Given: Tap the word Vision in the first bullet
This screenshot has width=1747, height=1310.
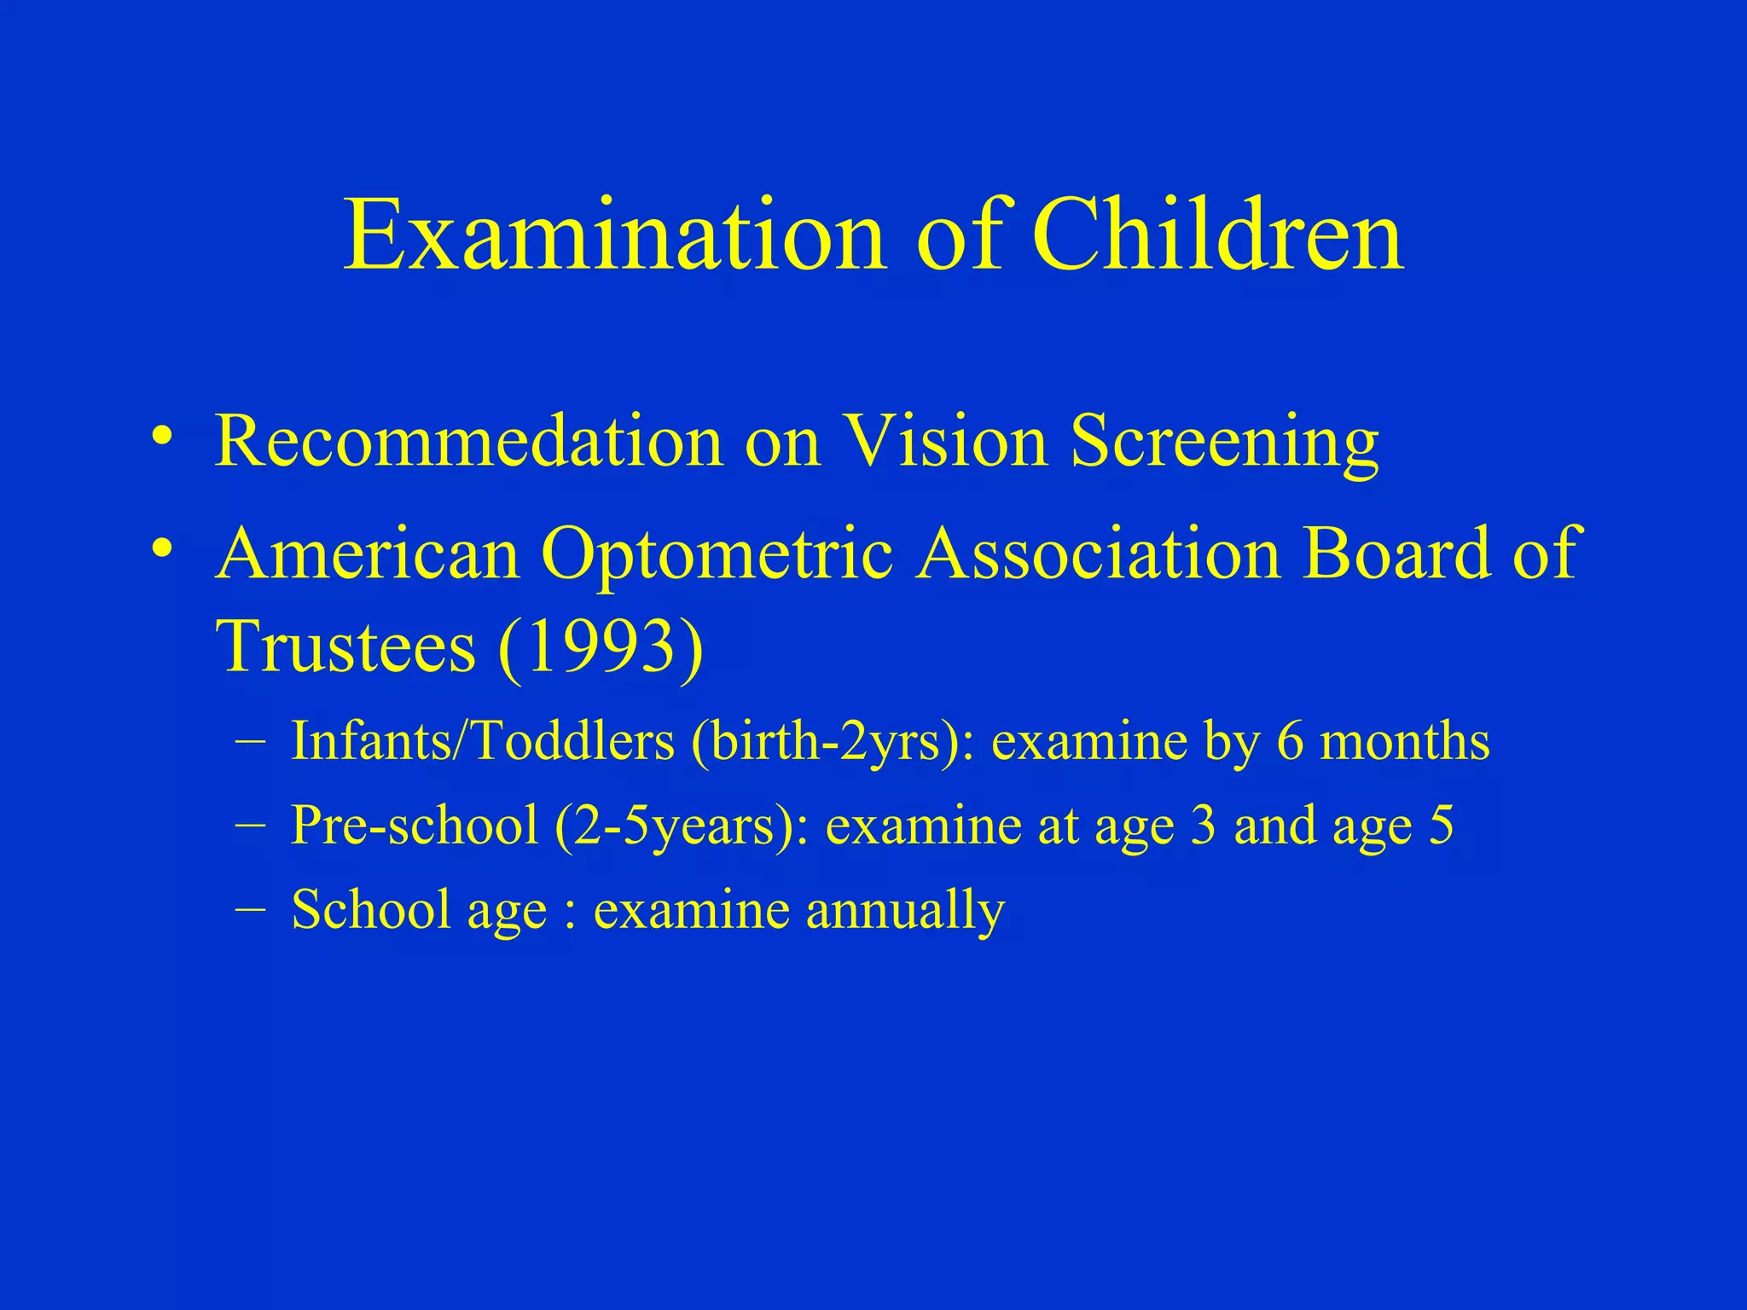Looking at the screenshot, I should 945,441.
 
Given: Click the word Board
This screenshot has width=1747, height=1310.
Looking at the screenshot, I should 1394,554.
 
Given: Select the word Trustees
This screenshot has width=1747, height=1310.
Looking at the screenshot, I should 345,646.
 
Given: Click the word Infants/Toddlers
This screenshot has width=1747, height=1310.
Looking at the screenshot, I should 483,740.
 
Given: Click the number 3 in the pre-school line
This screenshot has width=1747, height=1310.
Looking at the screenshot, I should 1203,826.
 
